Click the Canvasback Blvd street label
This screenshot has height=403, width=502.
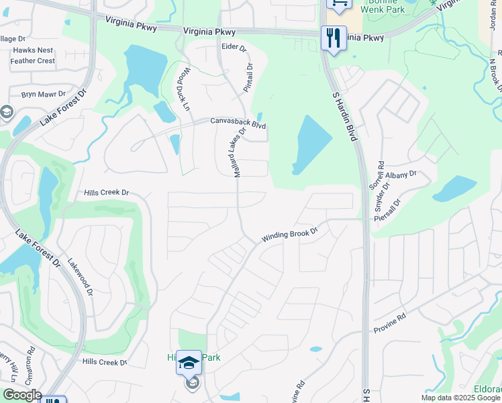(x=238, y=124)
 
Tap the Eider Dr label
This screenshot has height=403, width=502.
(x=234, y=48)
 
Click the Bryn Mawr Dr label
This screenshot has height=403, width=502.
(x=43, y=95)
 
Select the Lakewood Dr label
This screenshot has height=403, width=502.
(x=80, y=283)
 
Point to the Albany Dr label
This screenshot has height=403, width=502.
(x=403, y=174)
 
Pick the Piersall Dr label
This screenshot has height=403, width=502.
(x=391, y=211)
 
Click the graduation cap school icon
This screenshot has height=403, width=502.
(x=189, y=363)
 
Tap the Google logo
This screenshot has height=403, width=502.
(x=21, y=395)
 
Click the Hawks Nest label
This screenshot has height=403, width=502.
(x=33, y=50)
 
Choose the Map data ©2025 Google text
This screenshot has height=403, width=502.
(x=460, y=398)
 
